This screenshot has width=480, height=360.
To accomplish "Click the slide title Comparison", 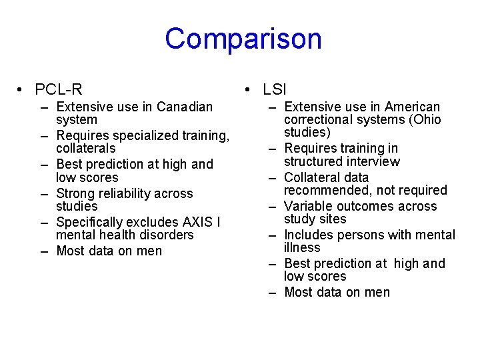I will pos(243,39).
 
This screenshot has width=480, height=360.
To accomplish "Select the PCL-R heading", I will pos(59,89).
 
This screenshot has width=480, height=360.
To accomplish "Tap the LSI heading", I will pos(274,89).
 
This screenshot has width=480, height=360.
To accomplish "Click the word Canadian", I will pos(185,107).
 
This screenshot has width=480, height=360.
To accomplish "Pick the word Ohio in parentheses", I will pos(426,120).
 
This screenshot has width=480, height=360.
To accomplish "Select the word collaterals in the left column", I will pos(85,148).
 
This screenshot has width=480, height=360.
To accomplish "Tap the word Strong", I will pos(77,193).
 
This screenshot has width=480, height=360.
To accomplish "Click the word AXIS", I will pos(199,222).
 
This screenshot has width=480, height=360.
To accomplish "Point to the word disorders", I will pos(162,235).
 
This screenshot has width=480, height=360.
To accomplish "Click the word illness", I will pos(302,247).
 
